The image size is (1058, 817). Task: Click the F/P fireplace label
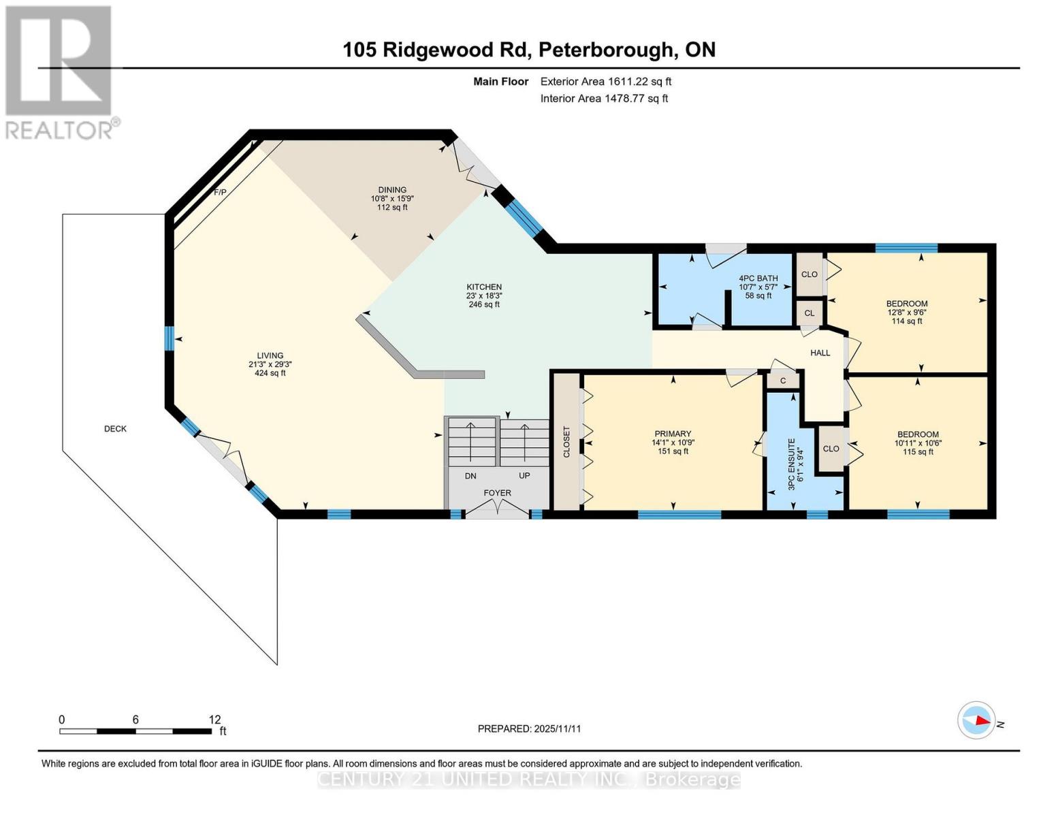[x=220, y=193]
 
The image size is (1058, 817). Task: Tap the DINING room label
[x=392, y=190]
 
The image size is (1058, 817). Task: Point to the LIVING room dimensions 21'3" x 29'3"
[x=270, y=364]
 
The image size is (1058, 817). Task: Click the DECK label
[x=115, y=428]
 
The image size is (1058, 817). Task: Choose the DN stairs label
[x=470, y=476]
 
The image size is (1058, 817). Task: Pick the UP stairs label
[x=524, y=475]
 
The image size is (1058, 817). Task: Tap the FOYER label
[x=497, y=493]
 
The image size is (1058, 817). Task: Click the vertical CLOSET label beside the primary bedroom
[x=566, y=442]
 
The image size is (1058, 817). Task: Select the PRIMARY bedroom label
[x=673, y=434]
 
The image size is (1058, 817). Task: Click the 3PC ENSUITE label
[x=791, y=464]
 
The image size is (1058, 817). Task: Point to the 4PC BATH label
[x=758, y=278]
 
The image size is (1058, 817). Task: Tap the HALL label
[x=820, y=353]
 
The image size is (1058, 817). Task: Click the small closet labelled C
[x=783, y=381]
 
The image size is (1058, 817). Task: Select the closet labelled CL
[x=809, y=313]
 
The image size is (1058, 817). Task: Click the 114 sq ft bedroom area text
[x=906, y=321]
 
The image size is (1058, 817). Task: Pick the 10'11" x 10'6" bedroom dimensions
[x=918, y=443]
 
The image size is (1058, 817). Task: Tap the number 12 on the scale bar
[x=214, y=720]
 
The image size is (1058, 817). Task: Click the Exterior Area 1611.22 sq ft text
[x=605, y=81]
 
